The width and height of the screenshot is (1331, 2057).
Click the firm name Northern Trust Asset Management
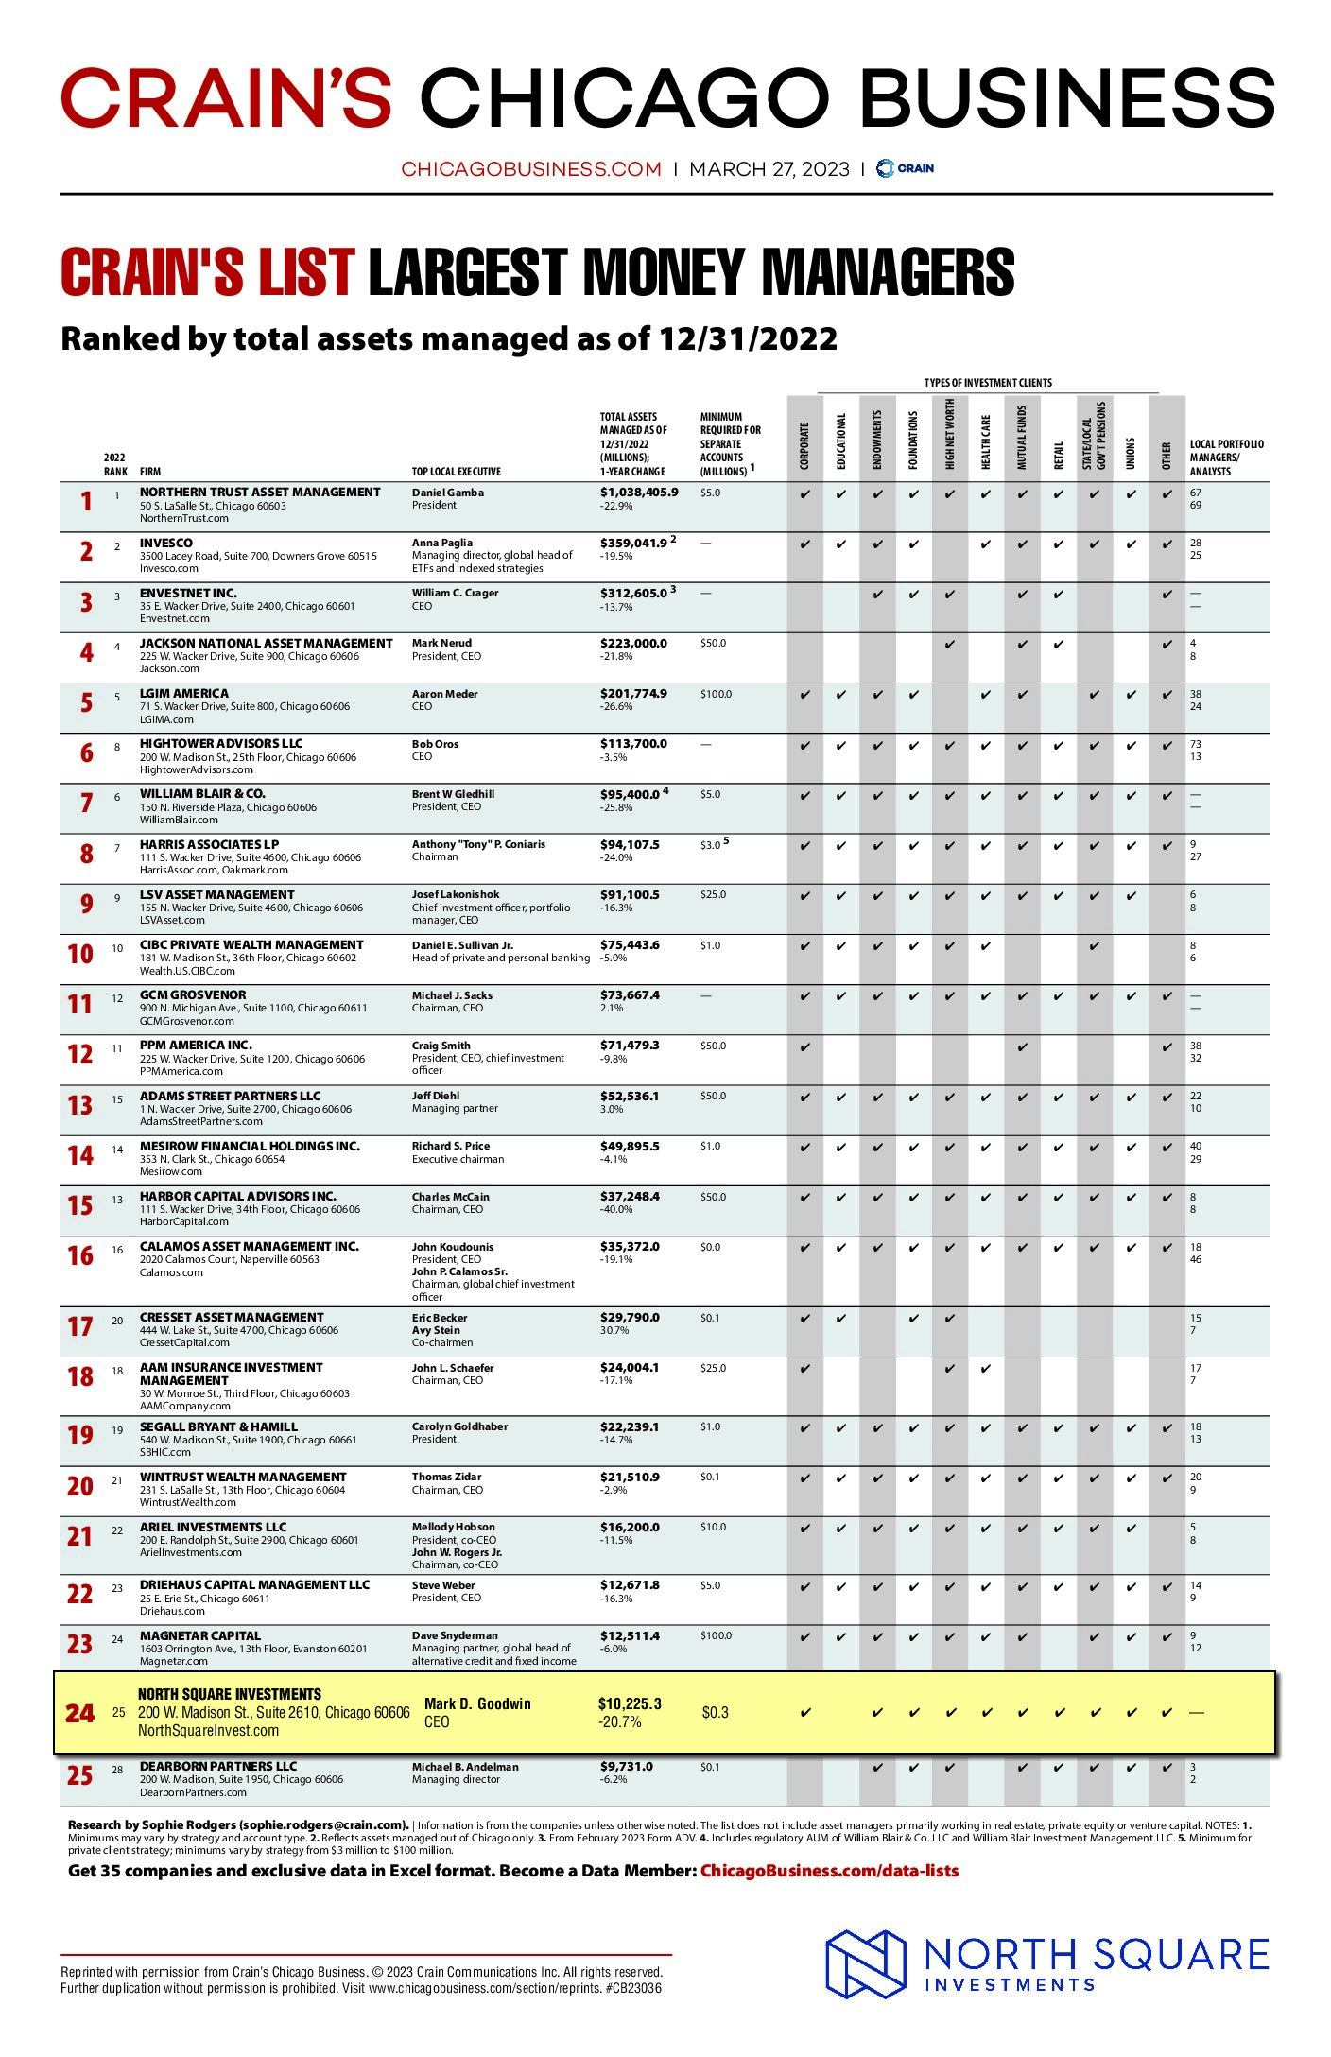(260, 493)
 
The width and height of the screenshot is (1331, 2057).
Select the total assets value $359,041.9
(633, 544)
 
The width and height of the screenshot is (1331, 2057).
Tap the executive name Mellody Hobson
(453, 1527)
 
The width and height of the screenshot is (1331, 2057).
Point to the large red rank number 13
(80, 1105)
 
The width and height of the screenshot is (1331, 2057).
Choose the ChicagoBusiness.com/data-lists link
(829, 1871)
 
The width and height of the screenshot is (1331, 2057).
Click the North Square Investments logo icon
(866, 1964)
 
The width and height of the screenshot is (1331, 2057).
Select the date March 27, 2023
(769, 169)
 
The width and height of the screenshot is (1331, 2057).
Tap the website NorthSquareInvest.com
(208, 1731)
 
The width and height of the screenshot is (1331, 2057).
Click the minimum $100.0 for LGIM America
(716, 694)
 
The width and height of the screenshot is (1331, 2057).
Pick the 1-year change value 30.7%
(616, 1330)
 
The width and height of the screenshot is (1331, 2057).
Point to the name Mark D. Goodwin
(477, 1703)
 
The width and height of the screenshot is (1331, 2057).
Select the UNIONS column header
(1131, 453)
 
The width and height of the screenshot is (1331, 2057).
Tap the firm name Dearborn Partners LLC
(218, 1766)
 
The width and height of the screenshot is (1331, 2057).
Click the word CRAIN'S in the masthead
(227, 98)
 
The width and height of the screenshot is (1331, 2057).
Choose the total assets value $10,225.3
(630, 1703)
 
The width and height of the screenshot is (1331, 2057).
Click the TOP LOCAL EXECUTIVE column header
(457, 472)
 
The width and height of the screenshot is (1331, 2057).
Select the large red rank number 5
(86, 702)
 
